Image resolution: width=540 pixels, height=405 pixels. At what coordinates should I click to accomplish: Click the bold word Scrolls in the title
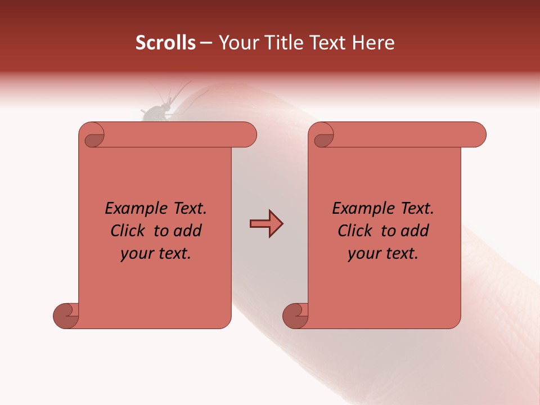[165, 43]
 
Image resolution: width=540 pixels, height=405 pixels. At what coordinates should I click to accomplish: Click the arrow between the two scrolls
[266, 224]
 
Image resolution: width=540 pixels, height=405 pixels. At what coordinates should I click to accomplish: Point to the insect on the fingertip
[155, 112]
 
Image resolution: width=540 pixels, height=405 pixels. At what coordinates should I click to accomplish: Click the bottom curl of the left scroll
[66, 315]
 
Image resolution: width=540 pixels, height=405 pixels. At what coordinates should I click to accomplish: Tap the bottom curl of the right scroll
[295, 315]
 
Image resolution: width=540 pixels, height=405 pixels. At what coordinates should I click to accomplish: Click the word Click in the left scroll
[128, 231]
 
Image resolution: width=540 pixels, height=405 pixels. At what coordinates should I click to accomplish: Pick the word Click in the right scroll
[355, 231]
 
